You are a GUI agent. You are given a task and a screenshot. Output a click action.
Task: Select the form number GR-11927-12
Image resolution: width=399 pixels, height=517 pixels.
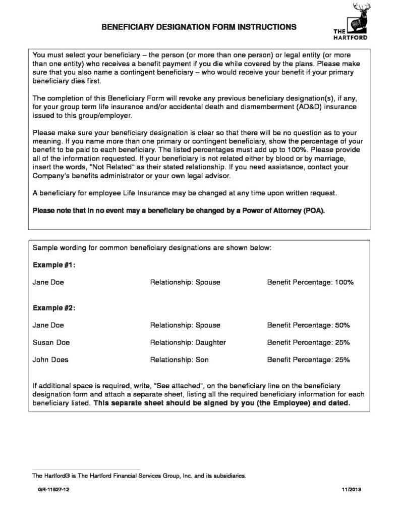49,490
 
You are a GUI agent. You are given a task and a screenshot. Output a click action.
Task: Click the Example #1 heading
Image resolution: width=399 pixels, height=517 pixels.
54,265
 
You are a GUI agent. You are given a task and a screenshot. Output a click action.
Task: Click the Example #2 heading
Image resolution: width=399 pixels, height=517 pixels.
54,307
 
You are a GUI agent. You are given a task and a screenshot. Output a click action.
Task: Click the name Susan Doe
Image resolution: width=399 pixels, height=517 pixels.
51,342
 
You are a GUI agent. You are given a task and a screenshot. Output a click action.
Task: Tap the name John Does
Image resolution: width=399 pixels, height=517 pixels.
50,360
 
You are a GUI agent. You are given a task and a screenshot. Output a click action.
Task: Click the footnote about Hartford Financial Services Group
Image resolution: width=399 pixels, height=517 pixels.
139,476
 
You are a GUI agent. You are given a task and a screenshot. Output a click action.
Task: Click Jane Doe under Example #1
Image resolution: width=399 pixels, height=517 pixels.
48,282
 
